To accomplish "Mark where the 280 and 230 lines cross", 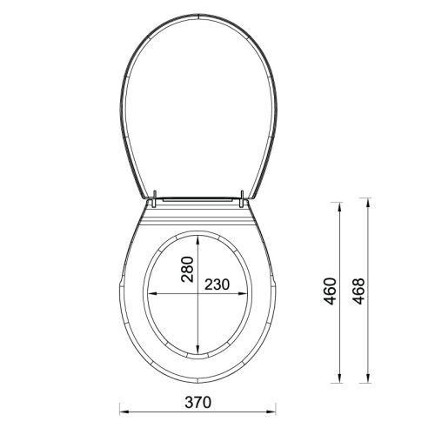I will pos(201,295).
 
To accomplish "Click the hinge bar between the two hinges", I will pos(198,199).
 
